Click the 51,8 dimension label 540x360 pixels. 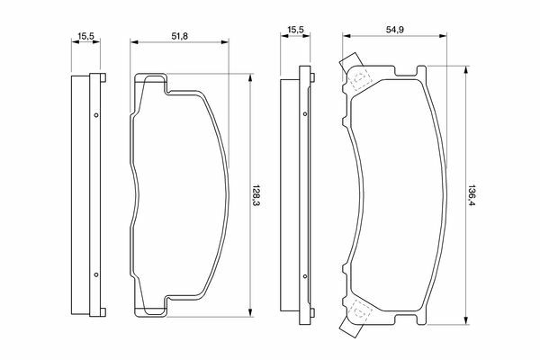(180, 36)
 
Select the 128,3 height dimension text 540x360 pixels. (256, 195)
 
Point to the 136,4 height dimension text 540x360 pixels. (471, 195)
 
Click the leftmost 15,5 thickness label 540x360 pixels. (86, 36)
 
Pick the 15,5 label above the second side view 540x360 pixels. (295, 30)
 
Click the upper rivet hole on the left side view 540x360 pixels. (96, 115)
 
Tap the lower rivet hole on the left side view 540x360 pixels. (96, 274)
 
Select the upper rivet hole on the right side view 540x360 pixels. (305, 113)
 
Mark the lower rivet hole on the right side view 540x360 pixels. (305, 276)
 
